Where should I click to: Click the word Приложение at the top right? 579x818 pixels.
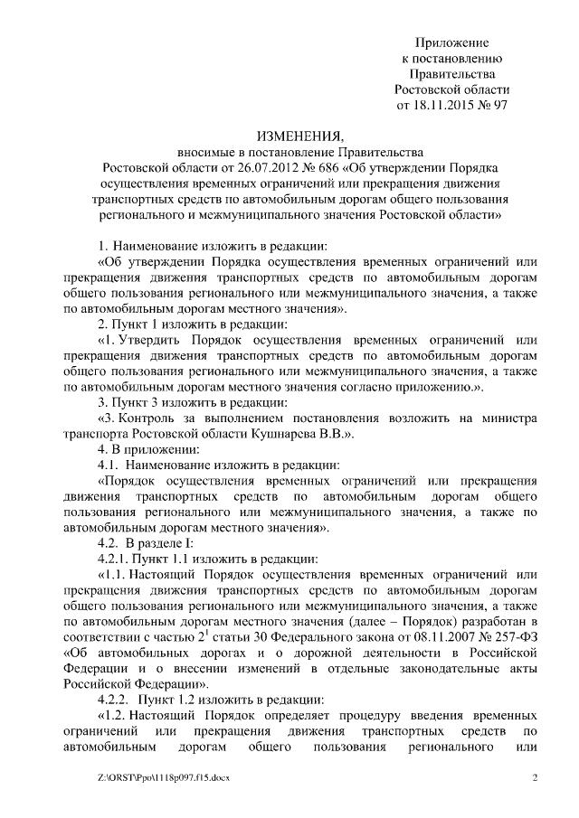click(x=452, y=42)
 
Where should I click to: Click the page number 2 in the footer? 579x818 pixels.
click(x=535, y=777)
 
